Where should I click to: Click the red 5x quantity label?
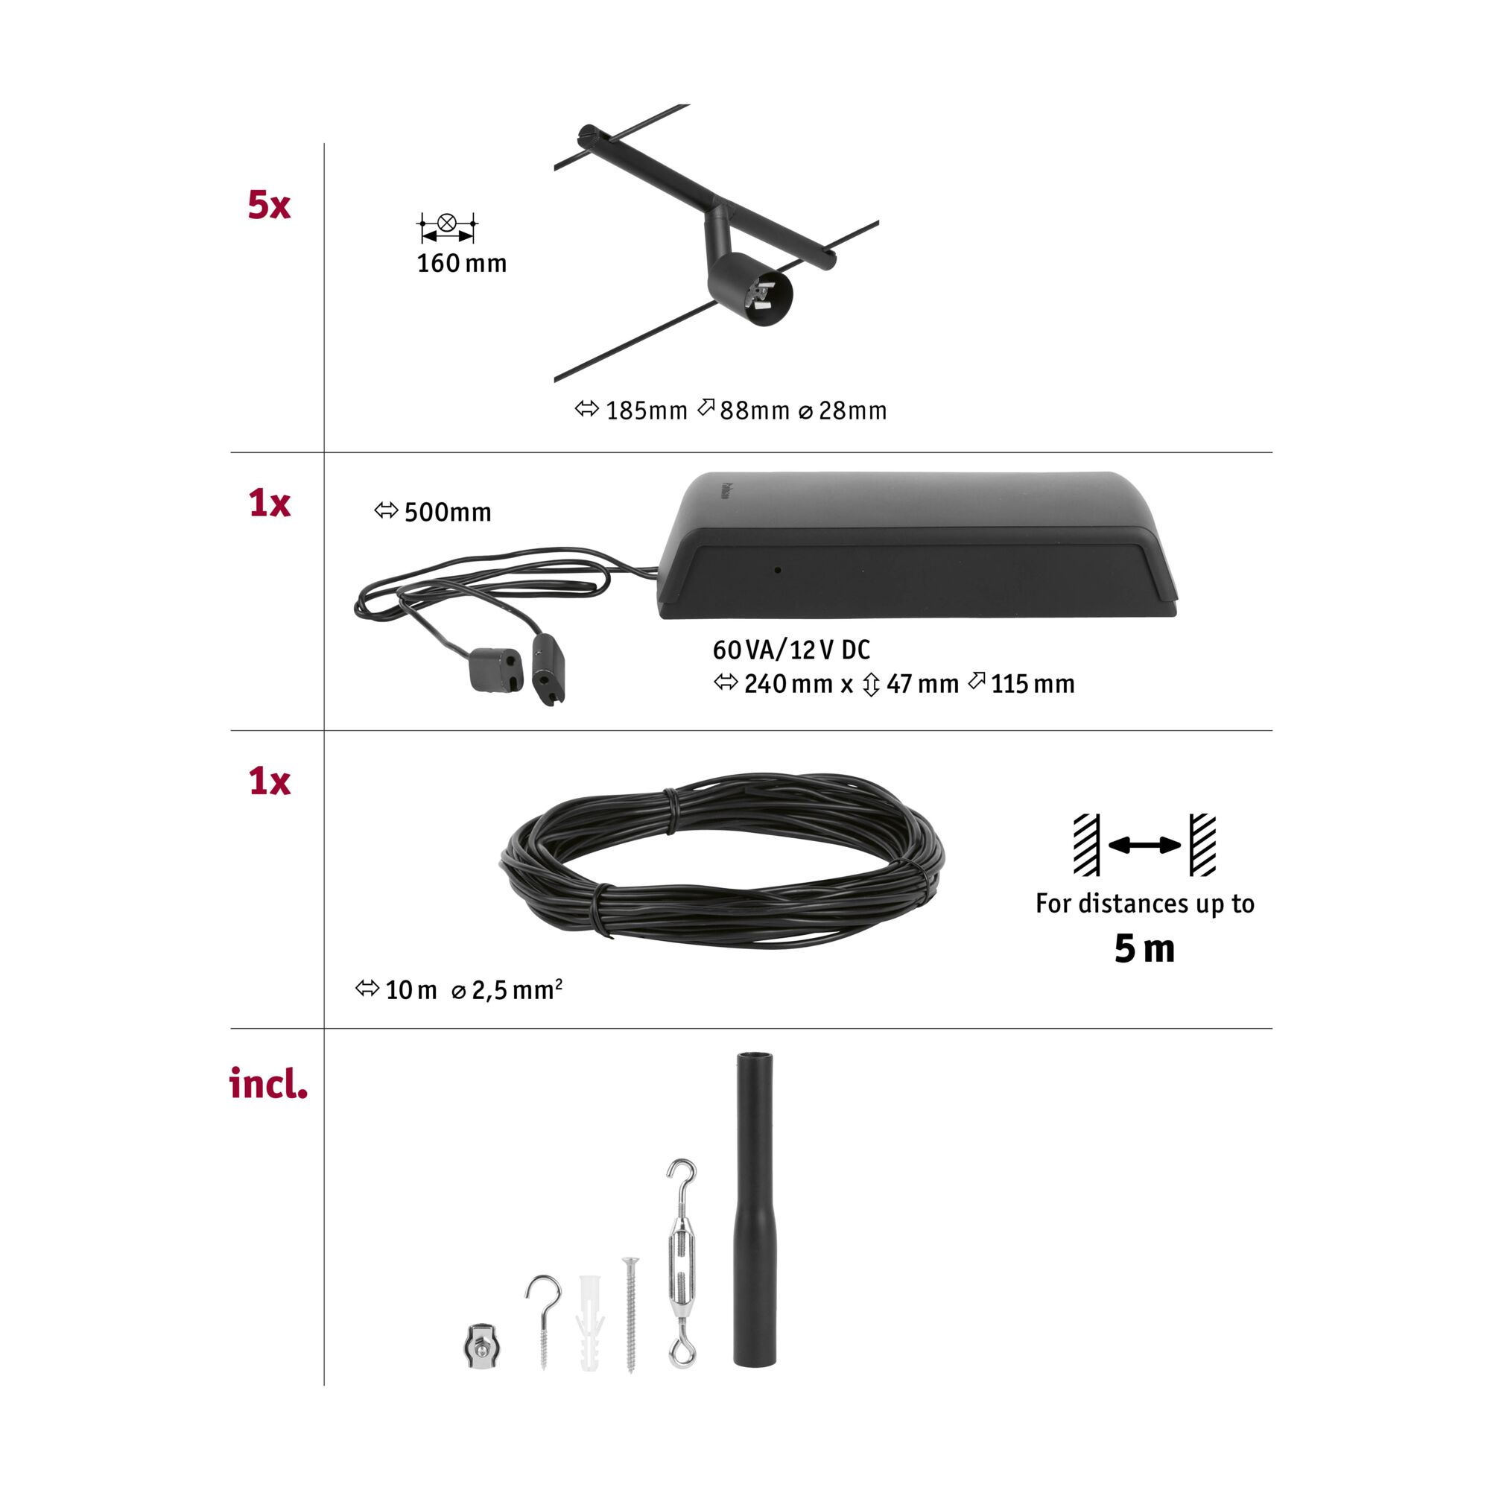click(269, 206)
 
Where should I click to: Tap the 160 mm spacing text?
click(461, 264)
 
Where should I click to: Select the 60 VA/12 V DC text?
click(791, 650)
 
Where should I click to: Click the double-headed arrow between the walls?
click(1144, 846)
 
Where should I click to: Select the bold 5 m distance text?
click(1144, 948)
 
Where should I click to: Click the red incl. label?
click(268, 1084)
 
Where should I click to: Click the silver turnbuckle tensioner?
click(682, 1273)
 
